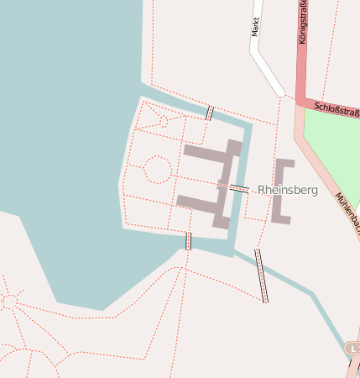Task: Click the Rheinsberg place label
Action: (288, 191)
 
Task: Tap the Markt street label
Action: (256, 28)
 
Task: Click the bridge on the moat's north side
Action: (209, 113)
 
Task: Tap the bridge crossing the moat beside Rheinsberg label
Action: (238, 189)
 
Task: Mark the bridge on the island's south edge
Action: (188, 241)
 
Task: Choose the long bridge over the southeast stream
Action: (262, 275)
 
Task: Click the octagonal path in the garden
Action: (157, 169)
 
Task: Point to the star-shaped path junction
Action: (9, 300)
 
